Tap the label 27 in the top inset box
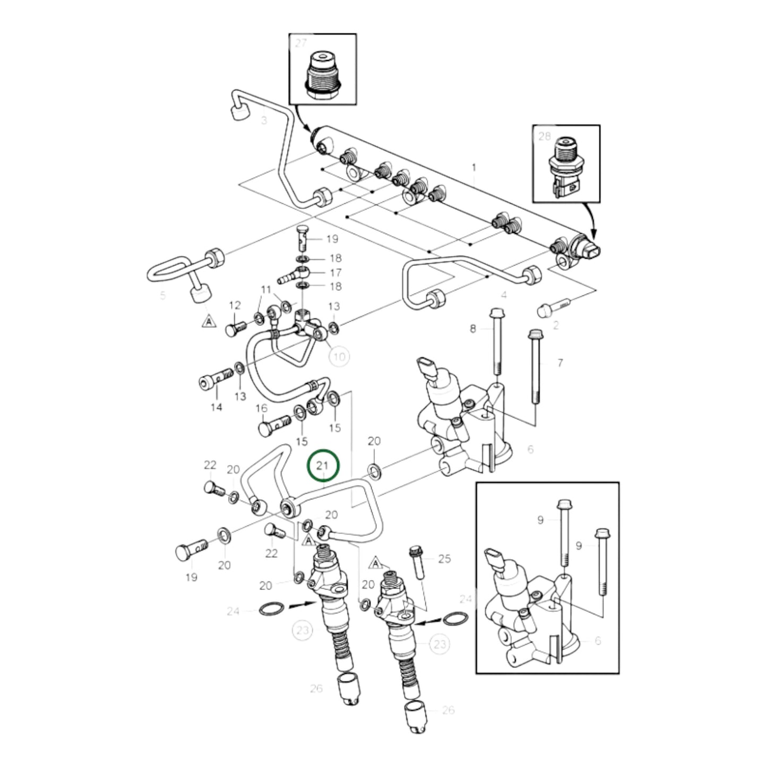[x=301, y=43]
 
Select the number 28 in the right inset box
[x=545, y=136]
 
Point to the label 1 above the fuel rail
[x=474, y=167]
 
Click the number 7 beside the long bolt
[x=560, y=363]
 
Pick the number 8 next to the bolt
[x=473, y=329]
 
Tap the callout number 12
[x=235, y=306]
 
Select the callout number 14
[x=216, y=408]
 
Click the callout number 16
[x=261, y=408]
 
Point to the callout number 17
[x=335, y=272]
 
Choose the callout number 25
[x=444, y=558]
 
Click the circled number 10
[x=339, y=356]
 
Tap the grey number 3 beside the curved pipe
[x=264, y=120]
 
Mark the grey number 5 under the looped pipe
[x=162, y=295]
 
